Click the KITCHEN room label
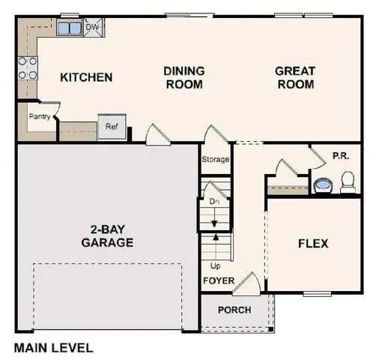86,77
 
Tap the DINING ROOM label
184,77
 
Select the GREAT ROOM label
294,77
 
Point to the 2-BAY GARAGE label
107,235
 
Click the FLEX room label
313,244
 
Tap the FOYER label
219,281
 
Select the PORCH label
234,310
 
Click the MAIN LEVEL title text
53,348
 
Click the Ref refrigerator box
112,127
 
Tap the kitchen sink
70,28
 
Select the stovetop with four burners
27,69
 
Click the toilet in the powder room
348,182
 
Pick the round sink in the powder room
323,184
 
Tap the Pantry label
39,116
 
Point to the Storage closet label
215,160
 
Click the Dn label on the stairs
213,201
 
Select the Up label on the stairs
214,266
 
